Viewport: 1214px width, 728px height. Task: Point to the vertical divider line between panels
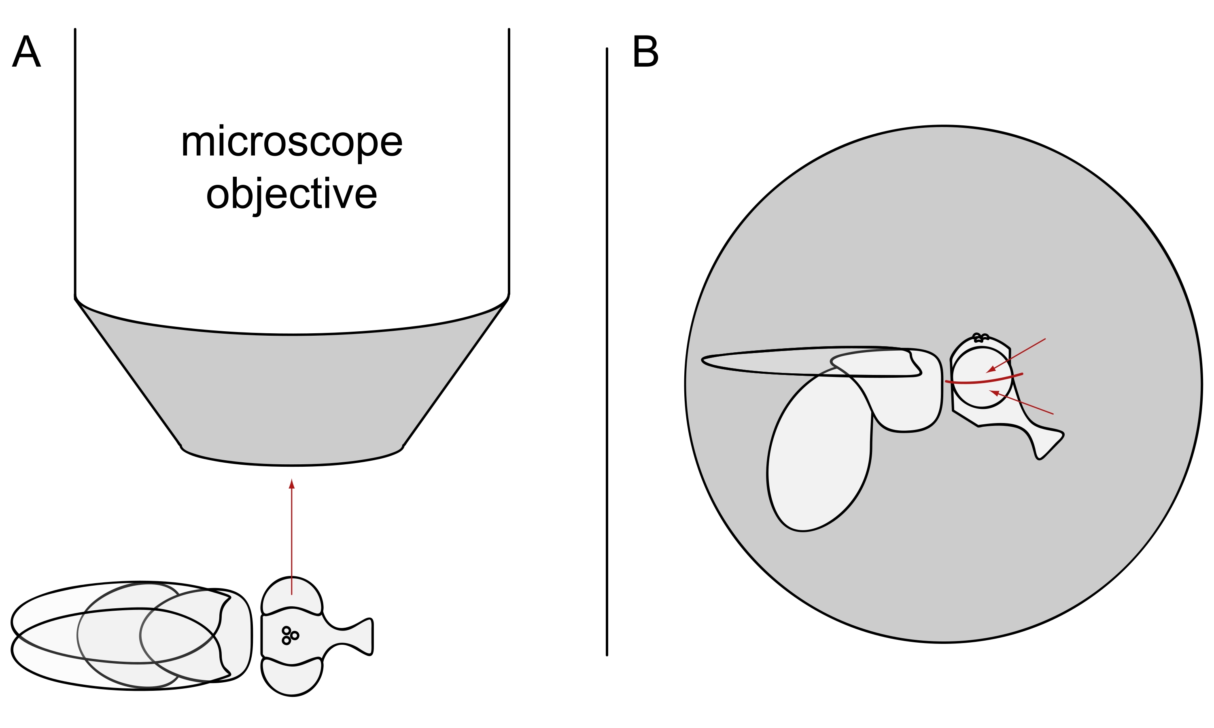coord(607,343)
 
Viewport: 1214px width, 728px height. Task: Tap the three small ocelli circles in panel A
coord(289,635)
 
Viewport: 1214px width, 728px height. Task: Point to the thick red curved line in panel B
coord(984,380)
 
